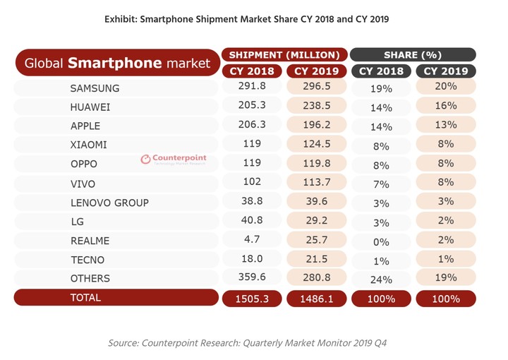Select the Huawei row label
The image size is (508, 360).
pos(90,107)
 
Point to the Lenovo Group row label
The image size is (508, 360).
pos(109,203)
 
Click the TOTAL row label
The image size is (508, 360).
pos(85,298)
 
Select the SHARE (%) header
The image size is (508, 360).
pos(413,54)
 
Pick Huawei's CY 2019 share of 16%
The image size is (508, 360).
pos(446,107)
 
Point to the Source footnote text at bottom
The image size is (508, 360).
pos(247,343)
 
